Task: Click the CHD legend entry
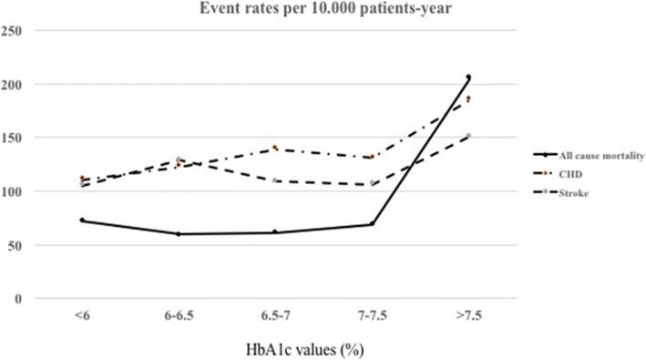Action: [556, 175]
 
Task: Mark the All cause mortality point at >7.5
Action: [468, 77]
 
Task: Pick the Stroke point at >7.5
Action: [468, 137]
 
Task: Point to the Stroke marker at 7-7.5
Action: [372, 184]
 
